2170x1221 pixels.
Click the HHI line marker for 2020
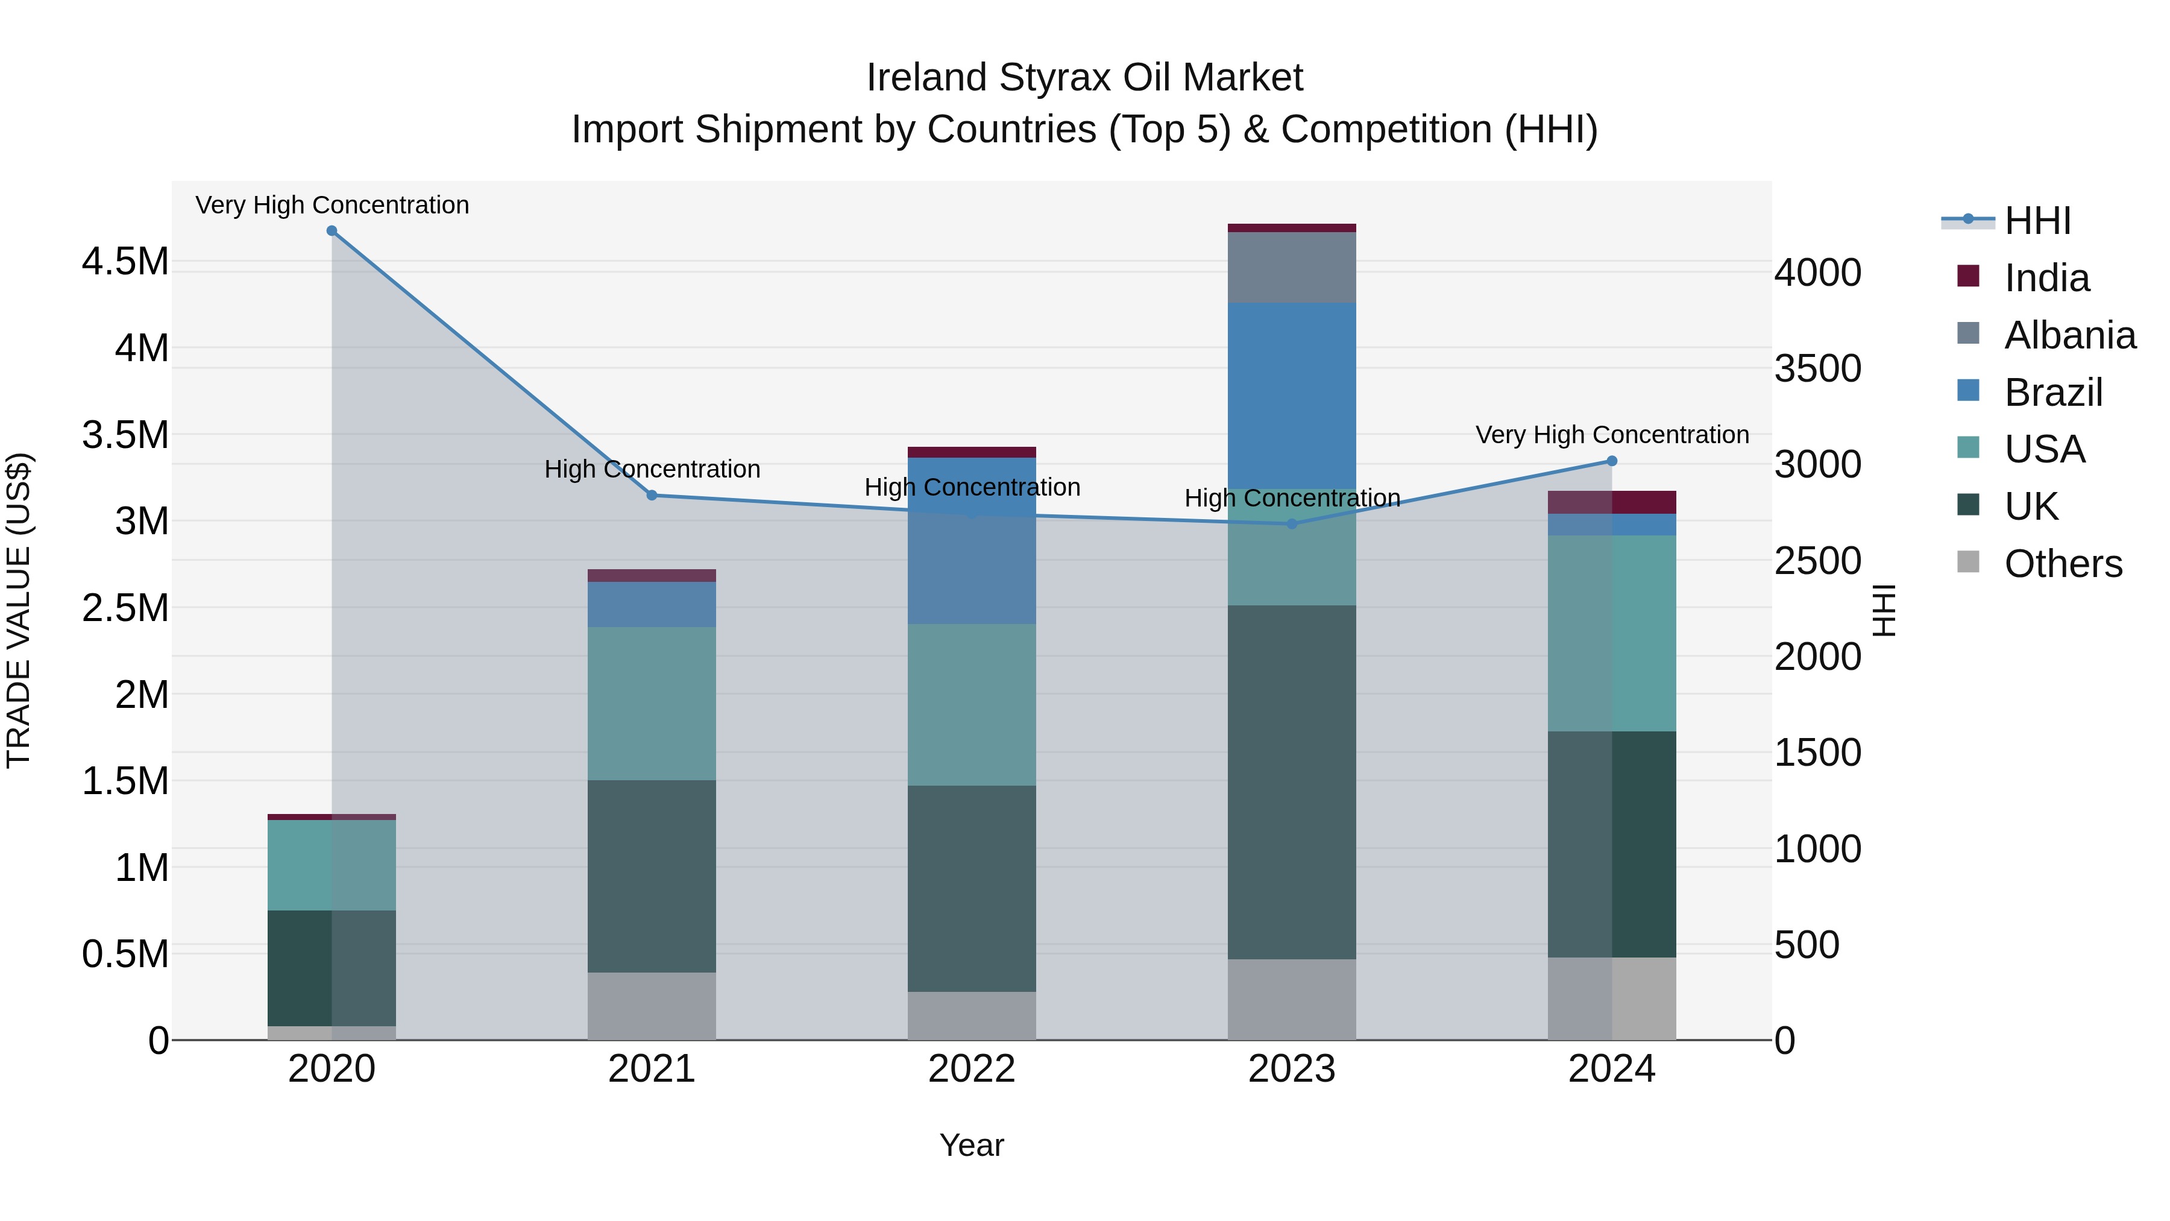(332, 231)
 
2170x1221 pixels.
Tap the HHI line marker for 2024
(1611, 461)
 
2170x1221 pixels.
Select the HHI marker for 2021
(652, 496)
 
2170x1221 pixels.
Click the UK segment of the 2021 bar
(652, 876)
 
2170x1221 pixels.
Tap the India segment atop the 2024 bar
(1611, 502)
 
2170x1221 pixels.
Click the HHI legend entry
(2037, 221)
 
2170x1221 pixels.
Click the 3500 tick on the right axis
(1817, 369)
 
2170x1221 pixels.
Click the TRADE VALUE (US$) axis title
(19, 610)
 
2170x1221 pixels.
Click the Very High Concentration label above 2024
(1611, 435)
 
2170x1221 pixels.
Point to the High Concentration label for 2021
(652, 469)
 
